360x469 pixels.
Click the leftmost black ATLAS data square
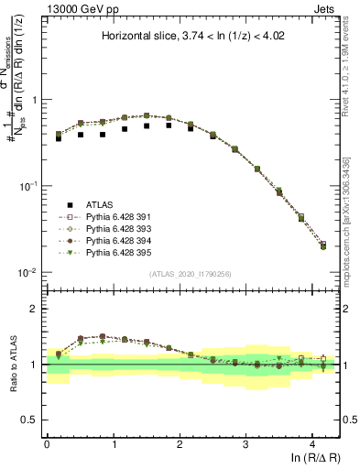tap(59, 138)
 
